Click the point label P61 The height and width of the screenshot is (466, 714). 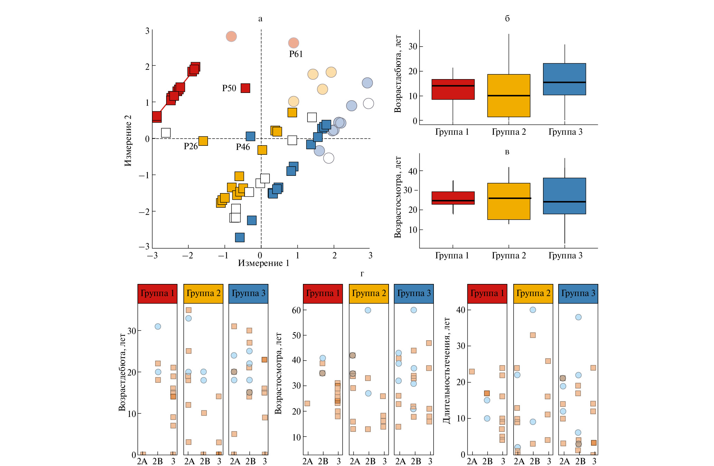pos(296,54)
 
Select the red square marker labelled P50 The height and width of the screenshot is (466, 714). pos(245,88)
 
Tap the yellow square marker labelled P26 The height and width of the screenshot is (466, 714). pos(203,141)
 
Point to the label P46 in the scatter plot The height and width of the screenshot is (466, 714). pos(243,147)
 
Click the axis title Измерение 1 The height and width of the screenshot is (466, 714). pos(264,264)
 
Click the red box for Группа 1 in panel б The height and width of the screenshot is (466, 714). pos(453,89)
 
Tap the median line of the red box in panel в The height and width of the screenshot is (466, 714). pos(453,201)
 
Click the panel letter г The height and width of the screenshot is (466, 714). pos(362,274)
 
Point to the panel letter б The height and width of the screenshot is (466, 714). pos(507,19)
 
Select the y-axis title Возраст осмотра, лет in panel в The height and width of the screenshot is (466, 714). pos(398,197)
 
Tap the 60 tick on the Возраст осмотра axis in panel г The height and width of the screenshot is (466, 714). pos(296,310)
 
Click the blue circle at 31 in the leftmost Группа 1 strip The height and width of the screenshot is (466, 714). pos(158,326)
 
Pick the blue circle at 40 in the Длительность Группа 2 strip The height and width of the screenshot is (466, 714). pos(533,310)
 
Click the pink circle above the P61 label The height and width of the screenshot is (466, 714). pos(293,43)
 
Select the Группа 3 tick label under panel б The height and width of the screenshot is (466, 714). pos(565,132)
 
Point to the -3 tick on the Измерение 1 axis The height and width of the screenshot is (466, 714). pos(152,256)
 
